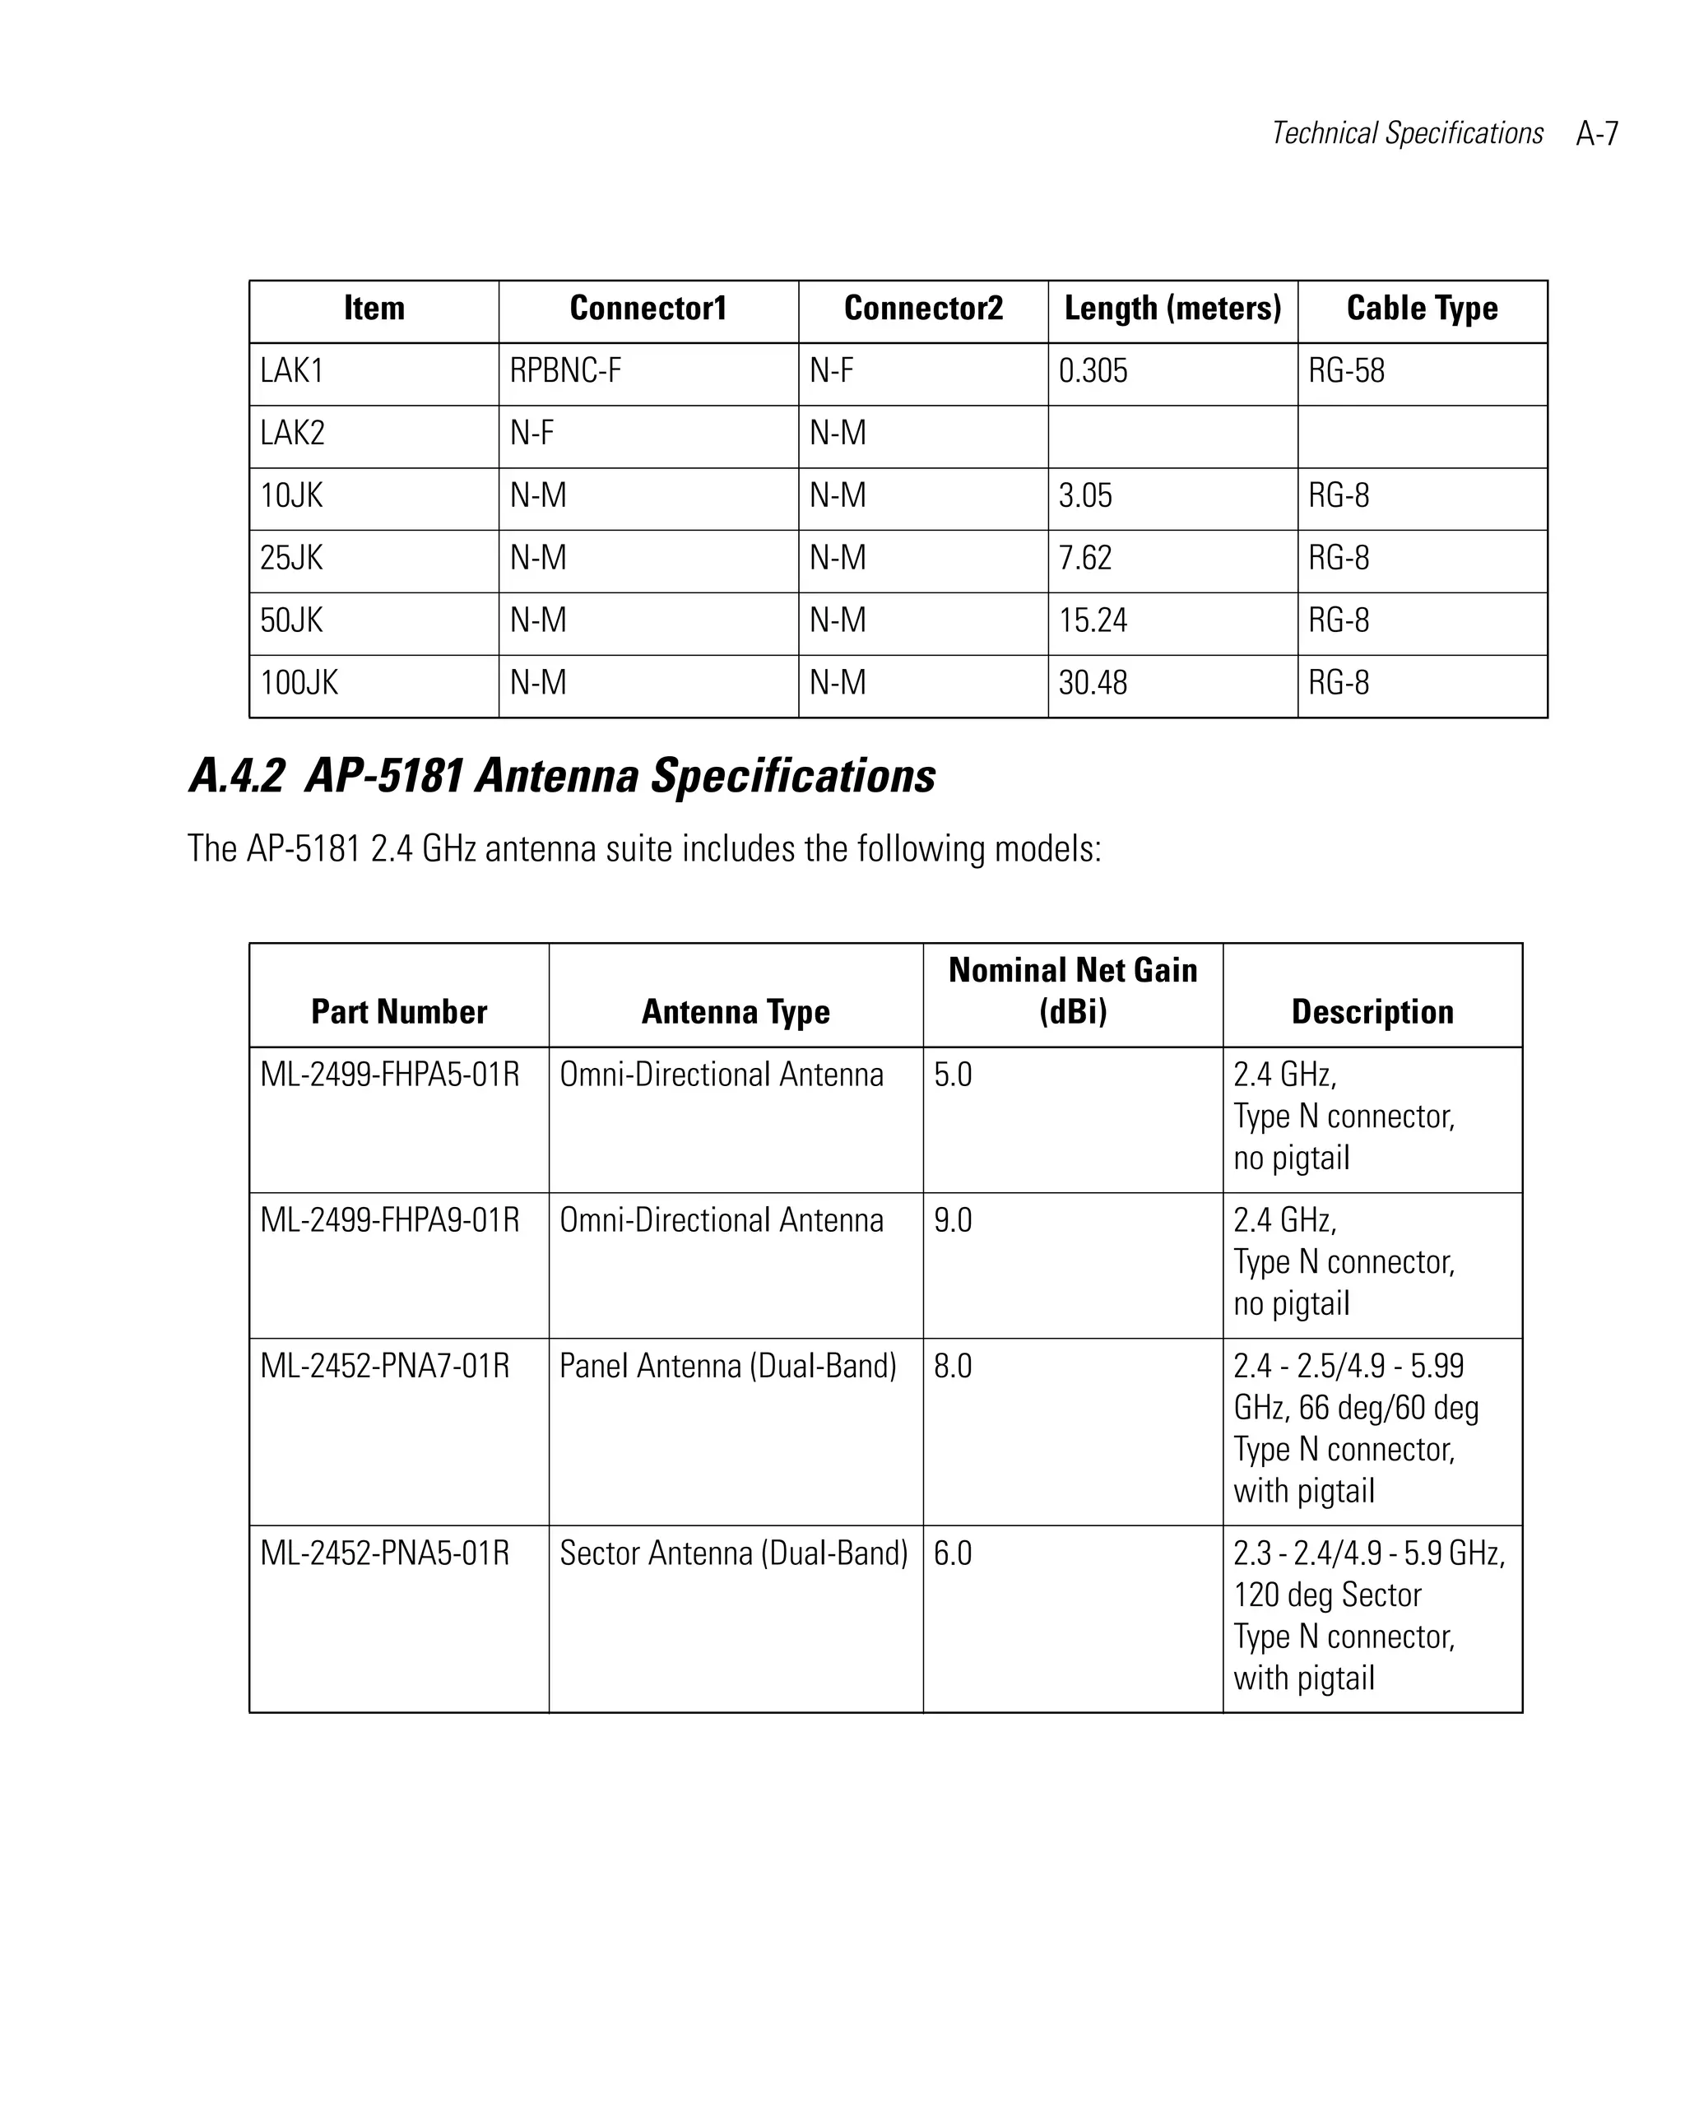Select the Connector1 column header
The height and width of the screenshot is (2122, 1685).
coord(648,308)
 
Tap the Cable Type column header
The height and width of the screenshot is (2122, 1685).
coord(1421,308)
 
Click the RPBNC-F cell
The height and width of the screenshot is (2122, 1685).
coord(565,371)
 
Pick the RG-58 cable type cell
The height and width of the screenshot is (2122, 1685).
coord(1345,371)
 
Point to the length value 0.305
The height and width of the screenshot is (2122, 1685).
coord(1093,371)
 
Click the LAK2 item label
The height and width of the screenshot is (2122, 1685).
coord(292,433)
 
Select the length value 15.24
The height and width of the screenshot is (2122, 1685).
coord(1093,620)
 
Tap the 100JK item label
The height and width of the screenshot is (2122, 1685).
coord(298,683)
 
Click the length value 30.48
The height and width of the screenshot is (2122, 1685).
coord(1093,683)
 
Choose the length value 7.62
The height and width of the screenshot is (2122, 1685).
coord(1084,558)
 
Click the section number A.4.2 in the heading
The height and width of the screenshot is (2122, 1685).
coord(236,776)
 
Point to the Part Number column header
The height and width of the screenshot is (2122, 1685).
coord(398,1012)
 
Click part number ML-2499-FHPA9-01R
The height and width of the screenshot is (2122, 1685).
coord(390,1220)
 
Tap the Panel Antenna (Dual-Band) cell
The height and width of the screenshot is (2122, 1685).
coord(727,1366)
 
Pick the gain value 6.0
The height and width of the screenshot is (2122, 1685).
coord(952,1553)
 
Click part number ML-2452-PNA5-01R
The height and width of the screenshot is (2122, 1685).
coord(385,1553)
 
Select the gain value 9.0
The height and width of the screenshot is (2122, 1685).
coord(952,1220)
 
